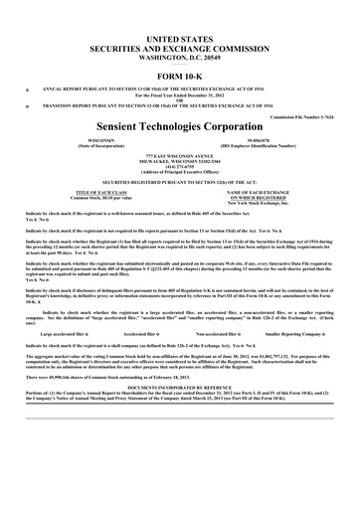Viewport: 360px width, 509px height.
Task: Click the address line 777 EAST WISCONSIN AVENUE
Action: click(x=180, y=158)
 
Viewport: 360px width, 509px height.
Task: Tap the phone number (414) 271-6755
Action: click(x=180, y=169)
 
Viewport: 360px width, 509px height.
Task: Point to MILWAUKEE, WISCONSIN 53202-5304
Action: click(x=180, y=164)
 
